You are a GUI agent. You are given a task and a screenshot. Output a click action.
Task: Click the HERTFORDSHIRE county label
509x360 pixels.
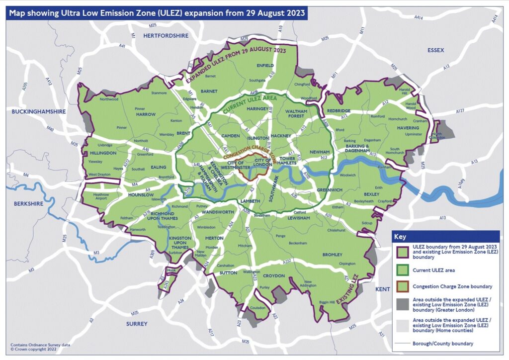tap(166, 35)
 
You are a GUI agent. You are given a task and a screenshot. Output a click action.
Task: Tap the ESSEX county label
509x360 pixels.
tap(435, 50)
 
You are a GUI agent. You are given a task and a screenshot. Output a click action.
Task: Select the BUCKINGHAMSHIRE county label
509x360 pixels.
tap(39, 112)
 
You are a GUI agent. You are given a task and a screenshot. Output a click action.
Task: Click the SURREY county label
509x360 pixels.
tap(137, 324)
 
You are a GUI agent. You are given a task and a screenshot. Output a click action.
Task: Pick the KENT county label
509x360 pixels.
tap(383, 289)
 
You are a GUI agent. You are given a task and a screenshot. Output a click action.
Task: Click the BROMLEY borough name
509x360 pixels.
tap(333, 255)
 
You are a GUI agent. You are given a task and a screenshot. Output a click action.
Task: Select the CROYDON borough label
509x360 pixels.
tap(273, 275)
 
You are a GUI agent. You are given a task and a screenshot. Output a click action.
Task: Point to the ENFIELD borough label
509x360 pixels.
tap(265, 66)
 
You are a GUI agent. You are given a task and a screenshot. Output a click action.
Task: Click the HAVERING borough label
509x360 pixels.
tap(408, 128)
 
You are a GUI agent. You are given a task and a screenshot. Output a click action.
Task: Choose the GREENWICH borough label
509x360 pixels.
tap(330, 189)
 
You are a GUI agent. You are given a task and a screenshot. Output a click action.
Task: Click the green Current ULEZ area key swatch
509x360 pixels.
tap(400, 271)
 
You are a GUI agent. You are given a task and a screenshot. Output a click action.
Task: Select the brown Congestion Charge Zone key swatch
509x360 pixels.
tap(400, 286)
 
